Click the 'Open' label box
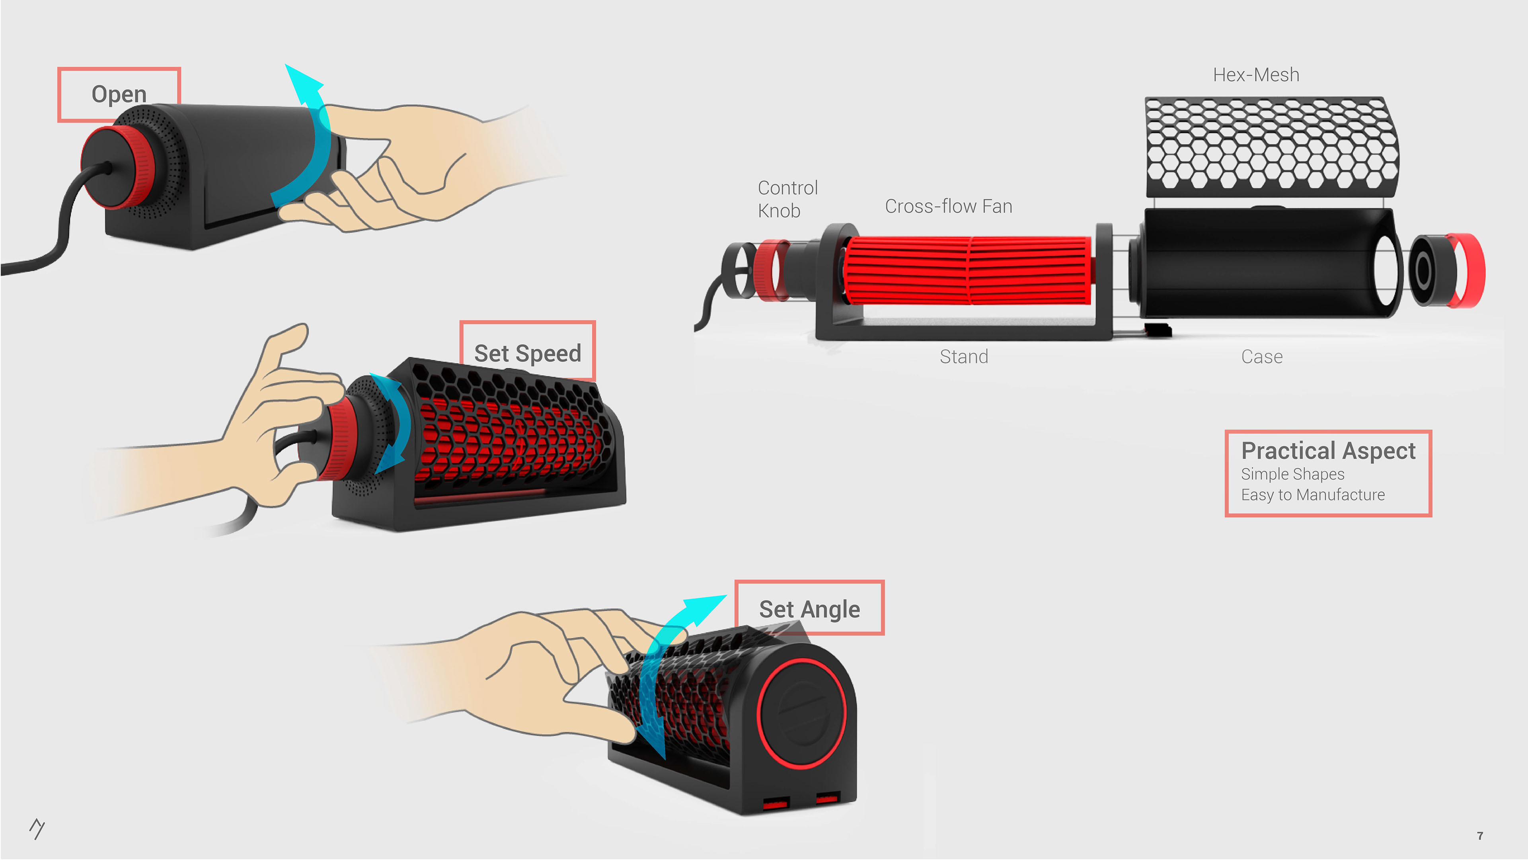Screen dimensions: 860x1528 (119, 94)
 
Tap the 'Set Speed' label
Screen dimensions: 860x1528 (527, 353)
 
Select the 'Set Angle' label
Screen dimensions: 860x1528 (809, 609)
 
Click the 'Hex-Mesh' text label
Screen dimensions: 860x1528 (1256, 75)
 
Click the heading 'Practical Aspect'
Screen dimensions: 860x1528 (1328, 450)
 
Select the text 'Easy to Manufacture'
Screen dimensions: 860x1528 (1313, 494)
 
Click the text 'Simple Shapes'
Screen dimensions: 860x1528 (1292, 474)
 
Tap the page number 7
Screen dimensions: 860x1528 (1480, 836)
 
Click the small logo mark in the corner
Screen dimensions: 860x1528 (37, 829)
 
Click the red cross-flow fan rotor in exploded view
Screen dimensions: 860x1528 (967, 271)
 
